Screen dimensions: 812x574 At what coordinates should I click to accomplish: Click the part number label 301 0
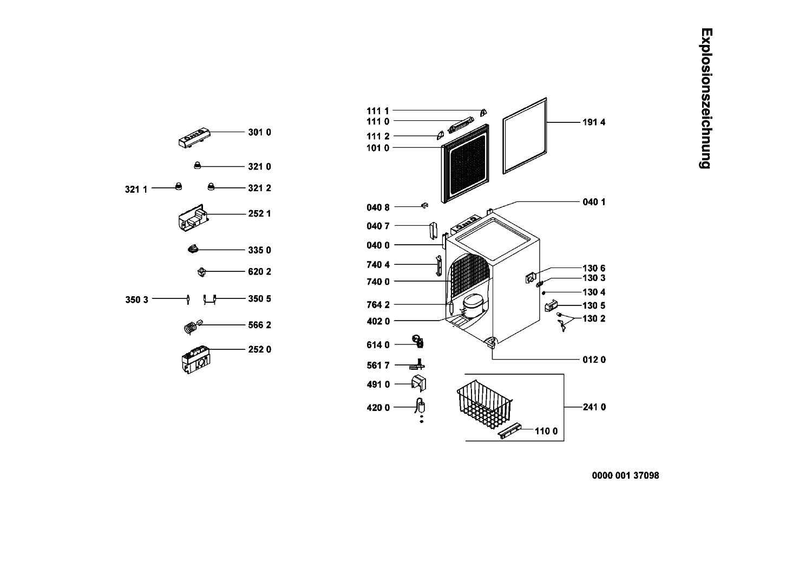[259, 132]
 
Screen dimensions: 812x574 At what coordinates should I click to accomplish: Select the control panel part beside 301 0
[194, 138]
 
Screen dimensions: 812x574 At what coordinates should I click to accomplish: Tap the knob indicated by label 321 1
[178, 186]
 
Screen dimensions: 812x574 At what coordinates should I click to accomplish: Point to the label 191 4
[594, 122]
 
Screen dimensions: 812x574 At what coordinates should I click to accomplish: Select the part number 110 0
[546, 431]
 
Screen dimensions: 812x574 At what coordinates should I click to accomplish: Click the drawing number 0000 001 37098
[625, 475]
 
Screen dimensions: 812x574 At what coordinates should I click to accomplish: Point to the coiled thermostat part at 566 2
[193, 327]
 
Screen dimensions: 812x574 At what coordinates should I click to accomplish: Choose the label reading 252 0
[259, 350]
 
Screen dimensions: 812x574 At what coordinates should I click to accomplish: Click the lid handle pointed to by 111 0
[461, 125]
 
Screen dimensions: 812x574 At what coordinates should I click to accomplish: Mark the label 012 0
[594, 360]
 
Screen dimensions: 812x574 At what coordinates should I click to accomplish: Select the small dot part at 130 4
[543, 292]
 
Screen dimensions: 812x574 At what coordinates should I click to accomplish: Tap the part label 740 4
[378, 265]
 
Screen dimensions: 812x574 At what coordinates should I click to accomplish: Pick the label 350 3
[136, 300]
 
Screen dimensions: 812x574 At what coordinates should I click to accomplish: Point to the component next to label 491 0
[418, 383]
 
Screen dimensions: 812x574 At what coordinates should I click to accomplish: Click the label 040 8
[378, 208]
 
